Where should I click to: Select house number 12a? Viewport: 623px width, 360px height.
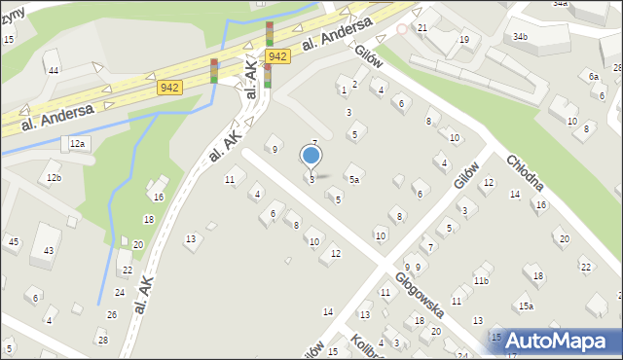coord(78,144)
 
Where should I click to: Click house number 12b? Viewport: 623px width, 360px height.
coord(54,178)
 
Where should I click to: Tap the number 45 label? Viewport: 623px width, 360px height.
coord(13,241)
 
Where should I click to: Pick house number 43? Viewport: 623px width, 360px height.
coord(49,251)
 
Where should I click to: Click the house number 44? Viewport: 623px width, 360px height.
coord(53,71)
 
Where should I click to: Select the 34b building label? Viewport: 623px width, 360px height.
coord(521,37)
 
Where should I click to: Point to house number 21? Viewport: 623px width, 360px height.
coord(422,27)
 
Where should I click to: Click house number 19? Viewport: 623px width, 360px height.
coord(464,40)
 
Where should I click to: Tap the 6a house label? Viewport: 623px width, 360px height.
coord(594,76)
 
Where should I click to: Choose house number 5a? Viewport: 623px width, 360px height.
coord(355,180)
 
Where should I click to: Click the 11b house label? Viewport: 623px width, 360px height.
coord(481,281)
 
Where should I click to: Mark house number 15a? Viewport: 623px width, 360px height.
coord(526,306)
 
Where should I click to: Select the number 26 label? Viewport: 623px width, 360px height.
coord(112,314)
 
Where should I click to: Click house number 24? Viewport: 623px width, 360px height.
coord(120,292)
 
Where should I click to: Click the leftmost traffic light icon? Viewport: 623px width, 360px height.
coord(214,70)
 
